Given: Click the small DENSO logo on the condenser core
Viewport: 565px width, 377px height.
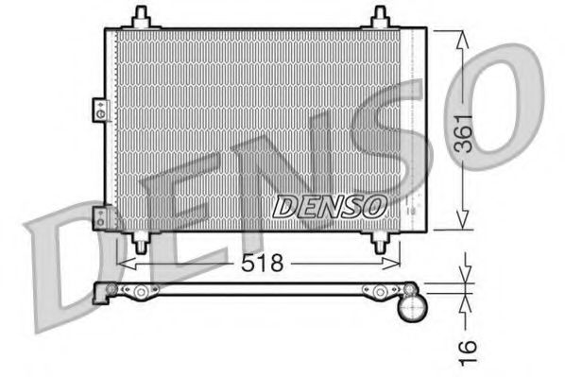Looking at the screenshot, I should coord(330,203).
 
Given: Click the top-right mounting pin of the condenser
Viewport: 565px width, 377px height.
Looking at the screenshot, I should coord(381,16).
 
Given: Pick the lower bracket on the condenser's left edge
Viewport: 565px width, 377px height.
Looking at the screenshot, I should coord(98,218).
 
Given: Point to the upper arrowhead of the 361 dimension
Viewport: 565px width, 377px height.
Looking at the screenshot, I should coord(462,35).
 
